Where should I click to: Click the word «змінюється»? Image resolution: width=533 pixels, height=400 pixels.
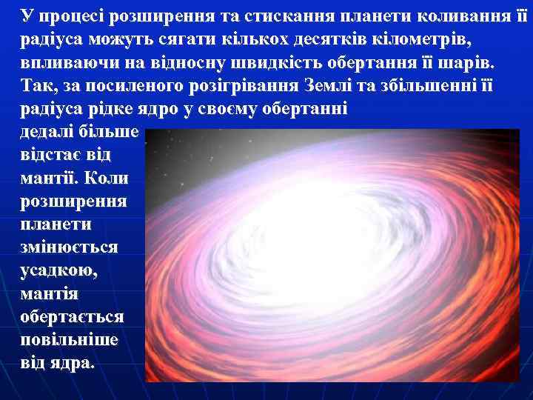68,247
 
